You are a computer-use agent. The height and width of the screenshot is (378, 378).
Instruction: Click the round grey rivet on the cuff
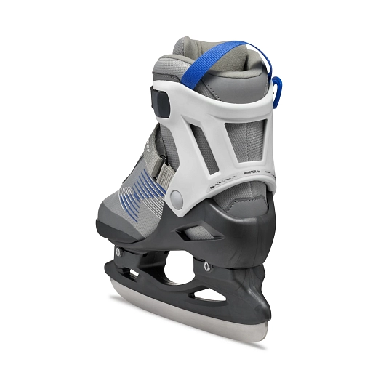point(177,197)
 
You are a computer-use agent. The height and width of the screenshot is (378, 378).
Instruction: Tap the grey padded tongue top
point(185,48)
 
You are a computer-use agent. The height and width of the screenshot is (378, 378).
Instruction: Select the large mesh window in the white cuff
point(243,145)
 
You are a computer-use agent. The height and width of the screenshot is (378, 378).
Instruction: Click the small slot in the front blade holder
point(131,273)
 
